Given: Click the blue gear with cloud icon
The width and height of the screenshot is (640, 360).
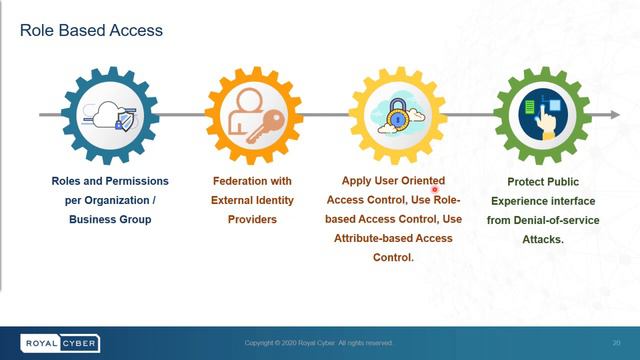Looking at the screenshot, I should [x=110, y=116].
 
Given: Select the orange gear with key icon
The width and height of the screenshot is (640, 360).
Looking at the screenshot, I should [x=253, y=116].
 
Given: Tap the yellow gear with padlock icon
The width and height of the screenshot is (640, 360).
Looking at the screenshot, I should [x=397, y=116].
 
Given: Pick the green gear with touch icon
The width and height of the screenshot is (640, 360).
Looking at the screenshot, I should [x=541, y=116].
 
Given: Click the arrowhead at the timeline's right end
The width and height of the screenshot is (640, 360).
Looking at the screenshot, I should [x=613, y=116].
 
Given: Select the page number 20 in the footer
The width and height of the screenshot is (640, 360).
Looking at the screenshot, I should [x=617, y=343].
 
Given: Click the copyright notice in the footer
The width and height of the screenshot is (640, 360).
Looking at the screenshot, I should [x=319, y=343].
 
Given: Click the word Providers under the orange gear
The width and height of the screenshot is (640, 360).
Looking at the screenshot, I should [x=252, y=218].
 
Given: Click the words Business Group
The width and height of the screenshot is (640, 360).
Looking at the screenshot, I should [x=110, y=218].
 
